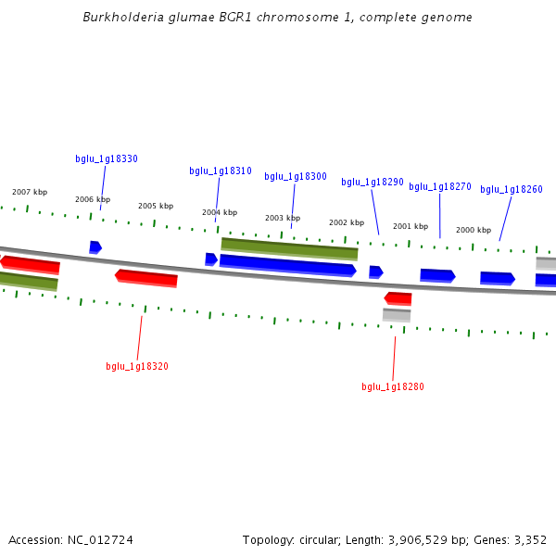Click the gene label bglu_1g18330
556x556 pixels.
click(107, 158)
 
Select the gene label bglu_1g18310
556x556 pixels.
click(221, 171)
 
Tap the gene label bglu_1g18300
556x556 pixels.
click(296, 176)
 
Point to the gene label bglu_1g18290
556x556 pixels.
click(373, 182)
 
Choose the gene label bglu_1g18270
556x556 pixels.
click(440, 186)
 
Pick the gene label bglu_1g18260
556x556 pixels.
click(512, 189)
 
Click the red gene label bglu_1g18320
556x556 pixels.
click(137, 366)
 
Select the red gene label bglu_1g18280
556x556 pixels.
click(393, 386)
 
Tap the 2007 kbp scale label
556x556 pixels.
click(30, 192)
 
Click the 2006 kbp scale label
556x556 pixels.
click(93, 199)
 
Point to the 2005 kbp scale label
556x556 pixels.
click(156, 206)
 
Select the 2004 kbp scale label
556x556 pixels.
click(220, 212)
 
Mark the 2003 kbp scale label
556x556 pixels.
click(283, 218)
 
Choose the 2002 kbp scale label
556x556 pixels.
click(347, 222)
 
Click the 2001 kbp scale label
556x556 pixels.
click(411, 226)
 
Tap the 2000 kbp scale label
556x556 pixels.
click(474, 230)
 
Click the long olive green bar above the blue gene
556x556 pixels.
click(289, 248)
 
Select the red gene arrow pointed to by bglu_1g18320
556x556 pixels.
click(146, 277)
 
